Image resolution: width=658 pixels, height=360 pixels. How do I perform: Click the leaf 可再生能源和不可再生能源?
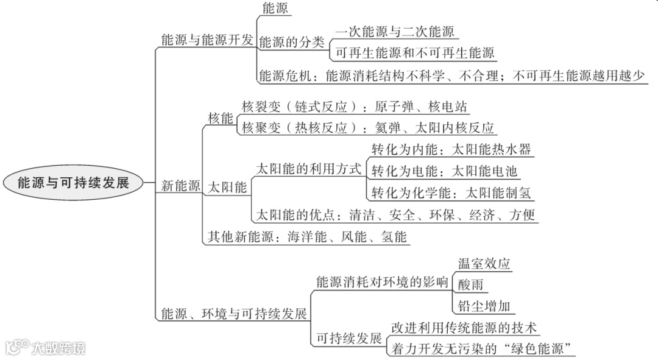tap(414, 53)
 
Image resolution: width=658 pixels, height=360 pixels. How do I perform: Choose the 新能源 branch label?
tap(180, 187)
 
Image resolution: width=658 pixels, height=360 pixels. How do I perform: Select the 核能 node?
tap(221, 119)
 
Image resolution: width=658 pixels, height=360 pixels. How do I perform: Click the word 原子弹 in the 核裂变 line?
tap(389, 107)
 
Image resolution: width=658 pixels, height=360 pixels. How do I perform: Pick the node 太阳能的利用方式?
tap(308, 169)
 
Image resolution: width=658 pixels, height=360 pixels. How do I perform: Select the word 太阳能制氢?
tap(498, 193)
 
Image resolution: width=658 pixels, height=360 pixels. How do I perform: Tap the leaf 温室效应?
tap(484, 263)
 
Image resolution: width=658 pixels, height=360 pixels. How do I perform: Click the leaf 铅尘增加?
tap(484, 306)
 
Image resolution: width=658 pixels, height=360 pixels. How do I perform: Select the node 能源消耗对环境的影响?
tap(382, 282)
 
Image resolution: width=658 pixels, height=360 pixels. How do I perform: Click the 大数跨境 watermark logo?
tap(46, 348)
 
